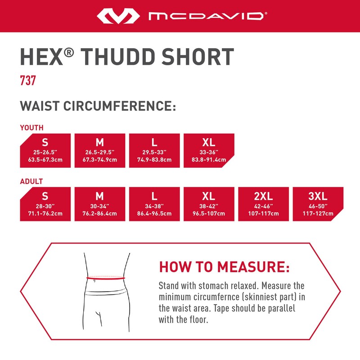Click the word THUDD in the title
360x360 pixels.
pyautogui.click(x=126, y=57)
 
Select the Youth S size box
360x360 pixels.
pyautogui.click(x=45, y=150)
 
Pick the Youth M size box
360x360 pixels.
pyautogui.click(x=99, y=150)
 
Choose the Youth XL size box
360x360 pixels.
pyautogui.click(x=208, y=150)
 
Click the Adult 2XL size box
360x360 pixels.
pyautogui.click(x=263, y=204)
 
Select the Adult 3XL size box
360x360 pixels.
pyautogui.click(x=318, y=204)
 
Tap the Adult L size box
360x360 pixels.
pyautogui.click(x=154, y=204)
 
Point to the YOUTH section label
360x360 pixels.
pyautogui.click(x=31, y=128)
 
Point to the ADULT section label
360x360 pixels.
pyautogui.click(x=31, y=181)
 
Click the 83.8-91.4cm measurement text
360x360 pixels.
pyautogui.click(x=208, y=160)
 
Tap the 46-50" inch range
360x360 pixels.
pyautogui.click(x=318, y=206)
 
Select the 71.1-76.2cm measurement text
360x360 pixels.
pyautogui.click(x=45, y=213)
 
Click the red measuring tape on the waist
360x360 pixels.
pyautogui.click(x=106, y=278)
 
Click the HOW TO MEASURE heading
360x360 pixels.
pyautogui.click(x=224, y=267)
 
